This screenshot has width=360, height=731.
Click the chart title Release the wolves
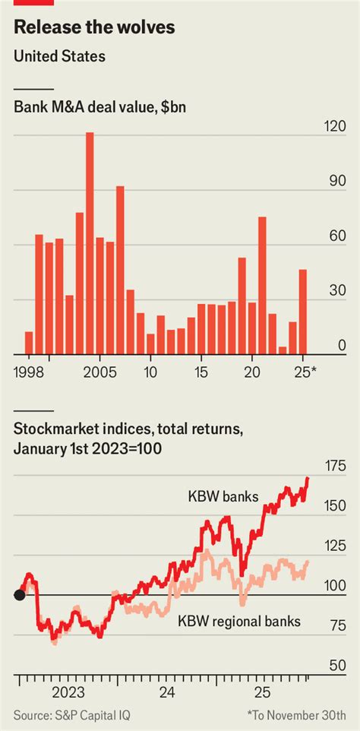coord(94,28)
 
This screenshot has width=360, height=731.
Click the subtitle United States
coord(59,56)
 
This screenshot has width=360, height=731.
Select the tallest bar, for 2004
coord(90,243)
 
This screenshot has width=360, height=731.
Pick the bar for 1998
coord(29,343)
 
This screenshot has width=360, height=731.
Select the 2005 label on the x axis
coord(99,373)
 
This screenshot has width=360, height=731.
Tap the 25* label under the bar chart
coord(305,373)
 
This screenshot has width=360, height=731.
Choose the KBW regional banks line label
coord(239,622)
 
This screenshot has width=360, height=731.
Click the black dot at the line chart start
coord(20,594)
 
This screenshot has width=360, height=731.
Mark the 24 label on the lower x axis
coord(167,691)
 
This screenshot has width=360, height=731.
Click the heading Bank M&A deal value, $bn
coord(99,107)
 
